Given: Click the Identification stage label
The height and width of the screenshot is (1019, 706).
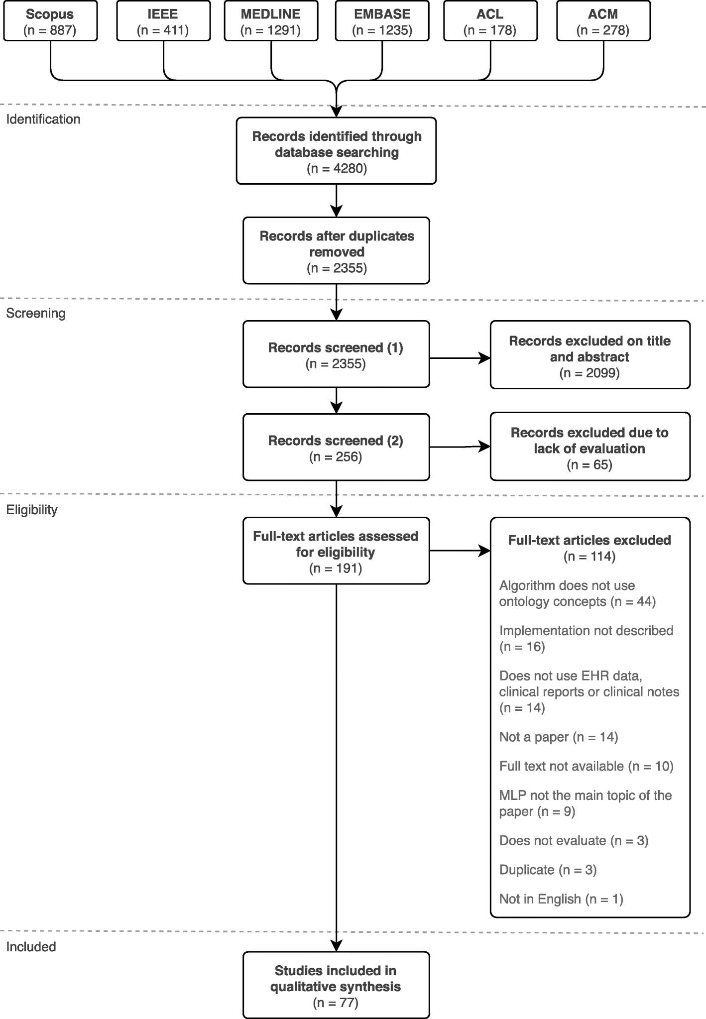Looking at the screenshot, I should point(43,119).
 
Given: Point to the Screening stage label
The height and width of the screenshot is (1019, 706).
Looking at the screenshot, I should point(36,314).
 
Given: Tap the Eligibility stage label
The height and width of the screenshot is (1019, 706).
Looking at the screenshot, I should point(32,510).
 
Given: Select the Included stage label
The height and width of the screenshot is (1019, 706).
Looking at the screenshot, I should point(31,947).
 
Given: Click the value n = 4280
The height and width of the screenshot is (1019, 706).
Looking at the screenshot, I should point(337,169).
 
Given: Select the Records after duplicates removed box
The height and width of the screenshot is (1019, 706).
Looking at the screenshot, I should point(336,250).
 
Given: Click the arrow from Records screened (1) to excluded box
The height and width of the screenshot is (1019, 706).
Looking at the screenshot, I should point(459,358).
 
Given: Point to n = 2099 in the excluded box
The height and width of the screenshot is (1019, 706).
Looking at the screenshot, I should point(589,373).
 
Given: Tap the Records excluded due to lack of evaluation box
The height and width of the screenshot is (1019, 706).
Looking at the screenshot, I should point(589,447).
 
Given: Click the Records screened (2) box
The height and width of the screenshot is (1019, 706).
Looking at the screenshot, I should point(336,447).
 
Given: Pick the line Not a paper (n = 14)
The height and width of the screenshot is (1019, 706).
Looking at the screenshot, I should point(559,737).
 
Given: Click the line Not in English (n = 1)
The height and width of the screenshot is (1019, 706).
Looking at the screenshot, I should point(561,899).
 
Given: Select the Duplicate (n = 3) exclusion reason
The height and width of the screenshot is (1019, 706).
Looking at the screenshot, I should point(548,870).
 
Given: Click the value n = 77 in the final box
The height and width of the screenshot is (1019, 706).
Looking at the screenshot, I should point(336,1003).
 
